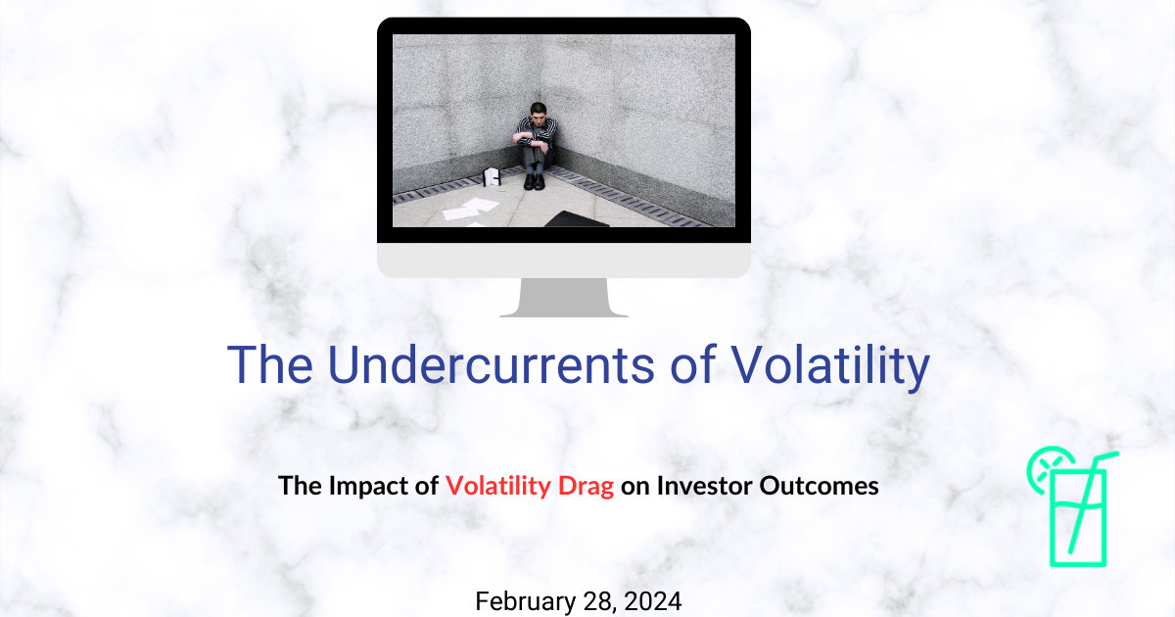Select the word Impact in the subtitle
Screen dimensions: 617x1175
coord(373,486)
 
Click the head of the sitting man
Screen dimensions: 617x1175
coord(536,114)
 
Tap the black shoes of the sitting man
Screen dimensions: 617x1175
coord(534,182)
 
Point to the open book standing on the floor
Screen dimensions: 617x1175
coord(493,178)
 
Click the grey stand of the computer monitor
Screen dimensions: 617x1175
coord(563,297)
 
